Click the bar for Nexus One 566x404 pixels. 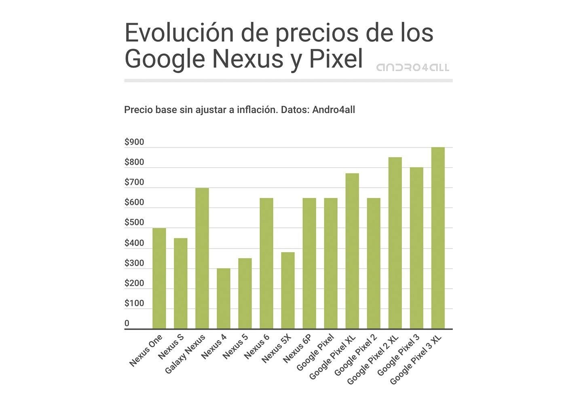(159, 278)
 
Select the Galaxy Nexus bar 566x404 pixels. (202, 259)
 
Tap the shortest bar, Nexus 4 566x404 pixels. (224, 299)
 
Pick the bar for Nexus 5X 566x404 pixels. (288, 290)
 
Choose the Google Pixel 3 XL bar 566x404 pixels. (438, 238)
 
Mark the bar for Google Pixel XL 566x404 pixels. (352, 251)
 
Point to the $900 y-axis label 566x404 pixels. (134, 142)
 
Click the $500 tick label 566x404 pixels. (134, 223)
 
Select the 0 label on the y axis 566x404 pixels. (127, 323)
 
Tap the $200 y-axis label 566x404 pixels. (134, 283)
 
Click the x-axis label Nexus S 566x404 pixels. (171, 347)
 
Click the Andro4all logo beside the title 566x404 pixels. (412, 67)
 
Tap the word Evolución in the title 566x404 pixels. (179, 33)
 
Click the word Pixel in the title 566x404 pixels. (336, 59)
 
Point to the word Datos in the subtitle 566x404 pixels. (294, 110)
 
